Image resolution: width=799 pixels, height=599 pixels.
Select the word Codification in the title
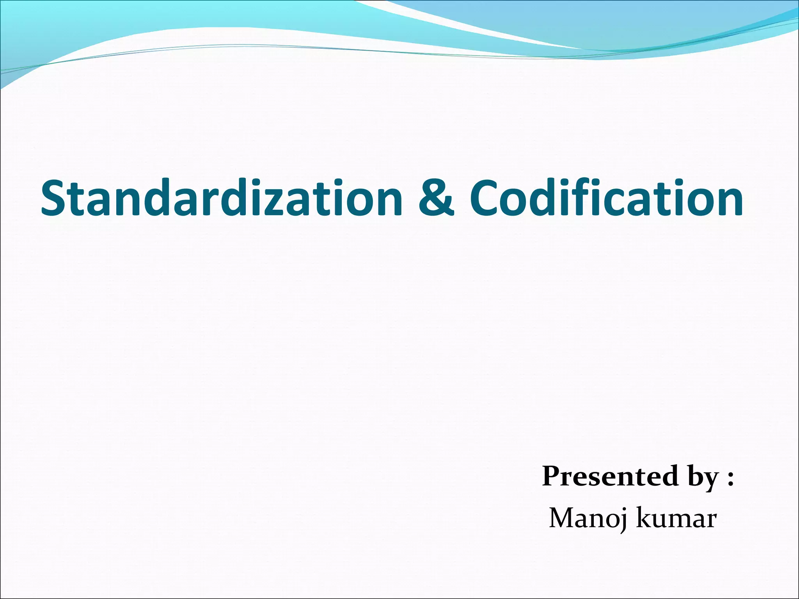click(x=606, y=198)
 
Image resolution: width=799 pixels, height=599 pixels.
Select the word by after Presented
click(x=703, y=478)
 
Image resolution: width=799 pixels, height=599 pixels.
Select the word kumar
click(x=677, y=518)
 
